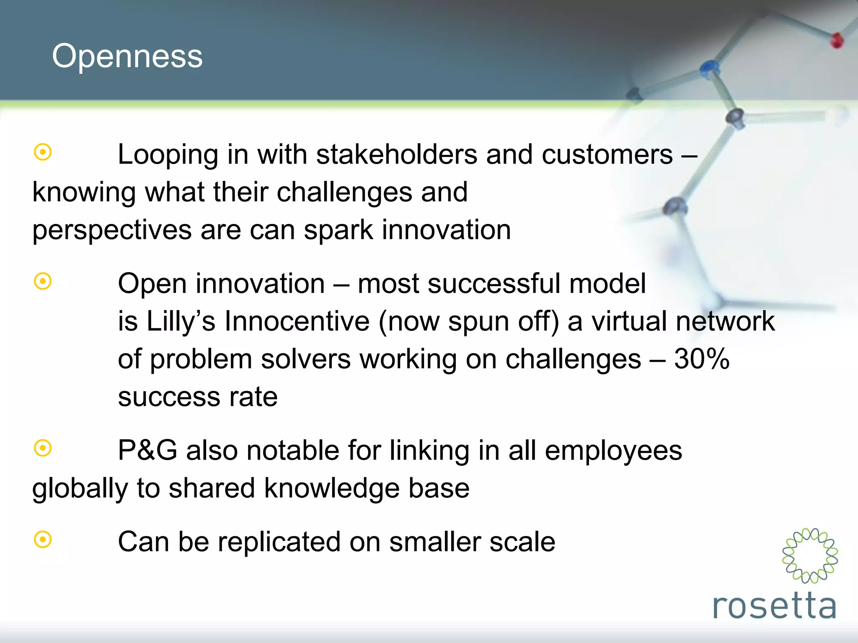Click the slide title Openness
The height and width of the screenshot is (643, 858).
click(x=127, y=56)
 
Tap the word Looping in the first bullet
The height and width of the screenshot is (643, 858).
click(x=168, y=155)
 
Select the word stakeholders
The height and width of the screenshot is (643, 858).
click(x=396, y=154)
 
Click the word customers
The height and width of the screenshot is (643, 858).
click(x=607, y=154)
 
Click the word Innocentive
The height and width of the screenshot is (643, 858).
click(x=297, y=321)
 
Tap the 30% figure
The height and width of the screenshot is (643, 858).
click(x=702, y=359)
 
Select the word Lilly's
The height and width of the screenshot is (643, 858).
click(x=181, y=321)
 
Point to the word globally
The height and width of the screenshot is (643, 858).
click(x=80, y=489)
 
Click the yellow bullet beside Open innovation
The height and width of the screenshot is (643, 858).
click(x=43, y=281)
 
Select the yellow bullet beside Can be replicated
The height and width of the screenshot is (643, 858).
click(x=43, y=540)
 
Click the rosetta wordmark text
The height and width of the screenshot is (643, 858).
click(x=774, y=606)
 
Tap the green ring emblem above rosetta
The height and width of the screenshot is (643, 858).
click(x=810, y=556)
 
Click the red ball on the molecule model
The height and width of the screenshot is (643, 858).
click(x=837, y=41)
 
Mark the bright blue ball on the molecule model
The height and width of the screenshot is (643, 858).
click(x=709, y=67)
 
